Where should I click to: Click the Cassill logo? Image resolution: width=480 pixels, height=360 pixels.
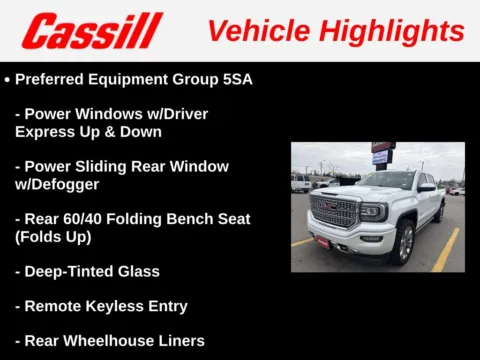[92, 31]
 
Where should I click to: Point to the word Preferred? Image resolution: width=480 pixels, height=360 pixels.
[53, 78]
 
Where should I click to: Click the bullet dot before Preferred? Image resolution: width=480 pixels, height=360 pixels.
[7, 78]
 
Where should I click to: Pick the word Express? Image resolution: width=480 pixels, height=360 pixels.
[46, 131]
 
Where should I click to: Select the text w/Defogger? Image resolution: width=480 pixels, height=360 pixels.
[57, 184]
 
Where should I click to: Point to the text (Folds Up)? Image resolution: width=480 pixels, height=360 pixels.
[56, 237]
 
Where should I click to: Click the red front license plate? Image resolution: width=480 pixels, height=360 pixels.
[323, 241]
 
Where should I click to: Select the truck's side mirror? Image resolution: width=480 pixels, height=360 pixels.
[426, 187]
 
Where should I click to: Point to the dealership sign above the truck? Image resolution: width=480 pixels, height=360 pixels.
[381, 152]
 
